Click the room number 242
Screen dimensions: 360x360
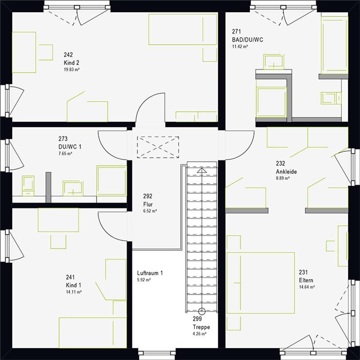68,54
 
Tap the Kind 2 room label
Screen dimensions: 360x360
71,63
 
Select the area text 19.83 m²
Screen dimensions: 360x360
72,70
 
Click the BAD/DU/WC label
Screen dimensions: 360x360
247,40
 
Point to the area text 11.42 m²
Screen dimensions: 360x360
240,46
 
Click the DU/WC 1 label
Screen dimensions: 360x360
70,147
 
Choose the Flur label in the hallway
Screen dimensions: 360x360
148,204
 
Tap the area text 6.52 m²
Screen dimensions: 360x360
150,211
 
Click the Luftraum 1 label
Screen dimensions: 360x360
150,273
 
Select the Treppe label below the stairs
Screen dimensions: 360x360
201,327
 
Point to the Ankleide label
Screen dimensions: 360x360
286,172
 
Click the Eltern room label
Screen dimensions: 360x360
306,280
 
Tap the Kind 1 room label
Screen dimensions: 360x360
73,285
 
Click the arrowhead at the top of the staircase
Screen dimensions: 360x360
202,171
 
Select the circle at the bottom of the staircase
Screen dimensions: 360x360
202,311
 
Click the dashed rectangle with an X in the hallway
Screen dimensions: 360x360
158,147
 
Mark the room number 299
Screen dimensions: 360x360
197,319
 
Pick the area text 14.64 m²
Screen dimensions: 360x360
307,287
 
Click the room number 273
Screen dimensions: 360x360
63,139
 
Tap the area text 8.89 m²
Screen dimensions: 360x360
283,178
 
